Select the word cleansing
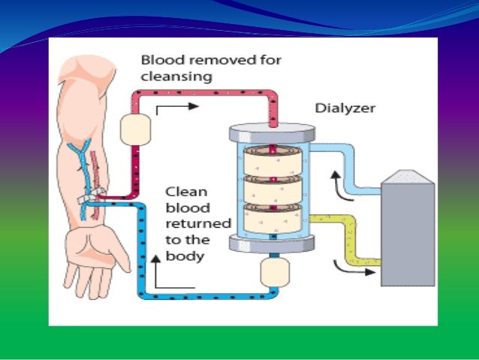[176, 77]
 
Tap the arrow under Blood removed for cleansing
[179, 107]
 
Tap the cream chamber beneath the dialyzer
[270, 273]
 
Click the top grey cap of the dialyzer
[270, 132]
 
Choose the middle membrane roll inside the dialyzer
[270, 187]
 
